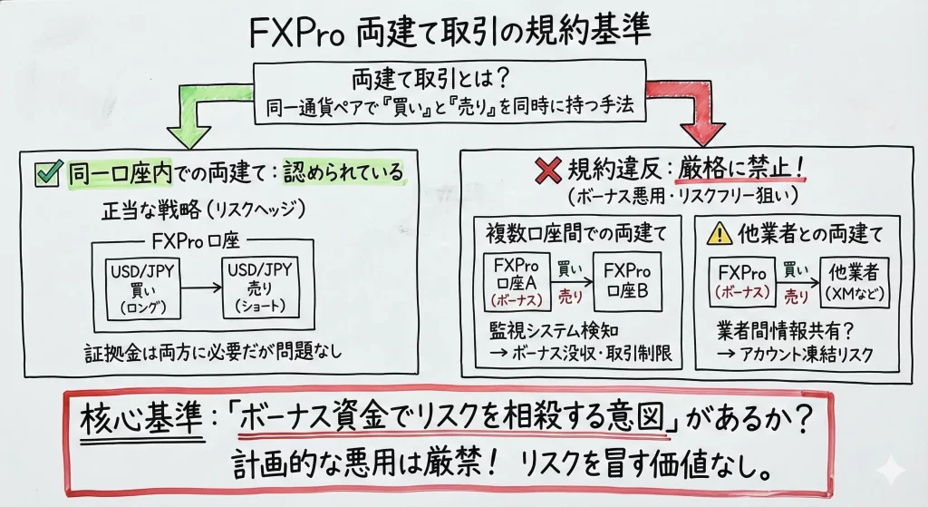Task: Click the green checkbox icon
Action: click(x=44, y=171)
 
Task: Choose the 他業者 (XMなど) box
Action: click(x=855, y=281)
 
